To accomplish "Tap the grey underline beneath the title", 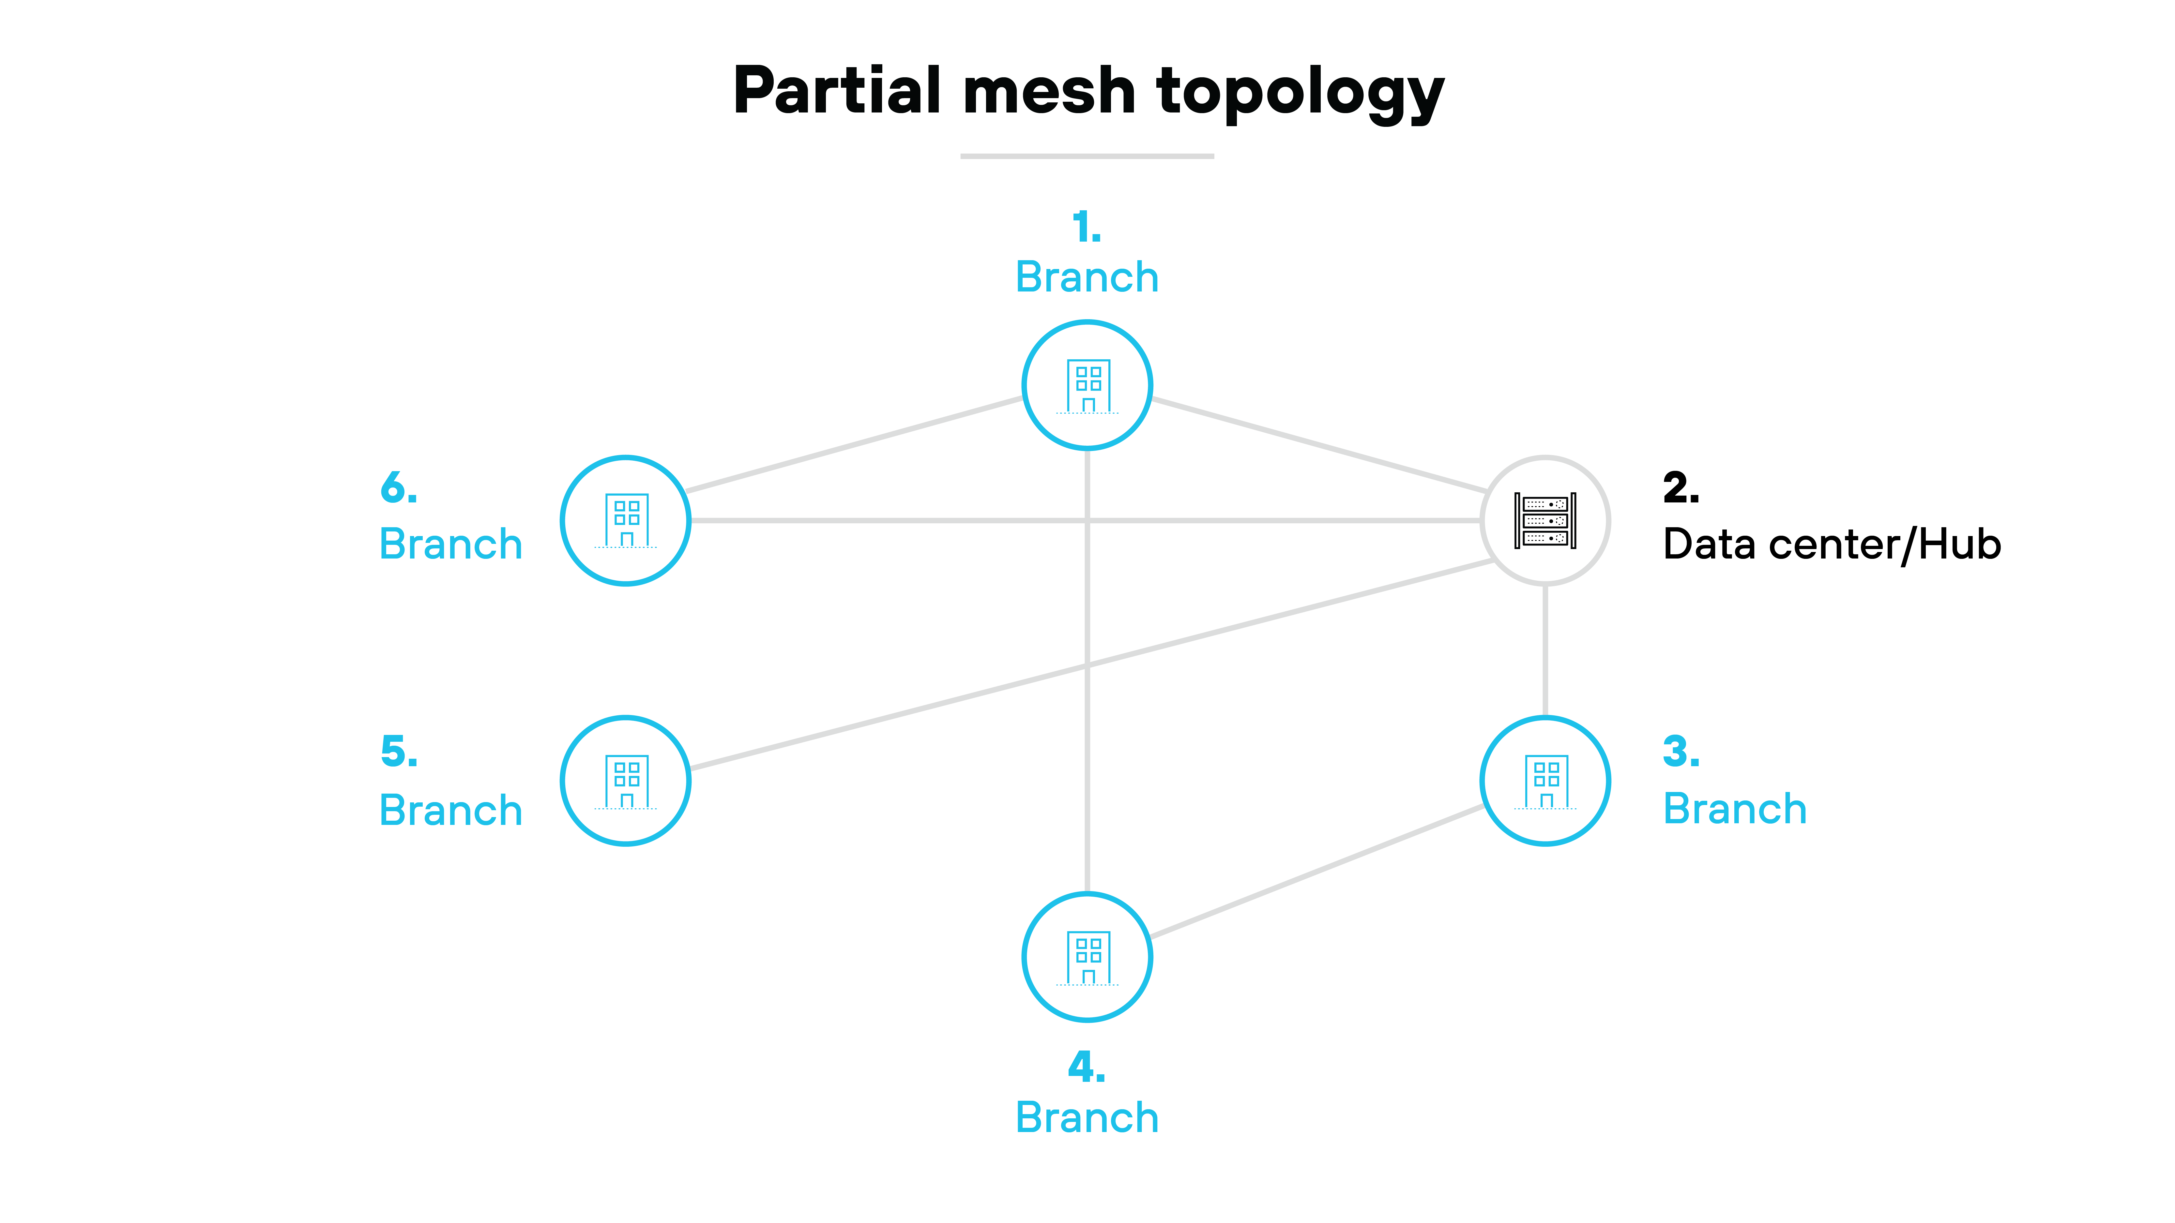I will (1087, 156).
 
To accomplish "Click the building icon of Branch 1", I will (1087, 386).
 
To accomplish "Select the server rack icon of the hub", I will (1545, 521).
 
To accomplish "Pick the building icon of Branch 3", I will (1545, 782).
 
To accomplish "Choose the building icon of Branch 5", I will (626, 782).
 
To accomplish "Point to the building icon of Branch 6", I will (626, 521).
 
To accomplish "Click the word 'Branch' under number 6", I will (451, 544).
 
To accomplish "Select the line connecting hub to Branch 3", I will (1545, 650).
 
